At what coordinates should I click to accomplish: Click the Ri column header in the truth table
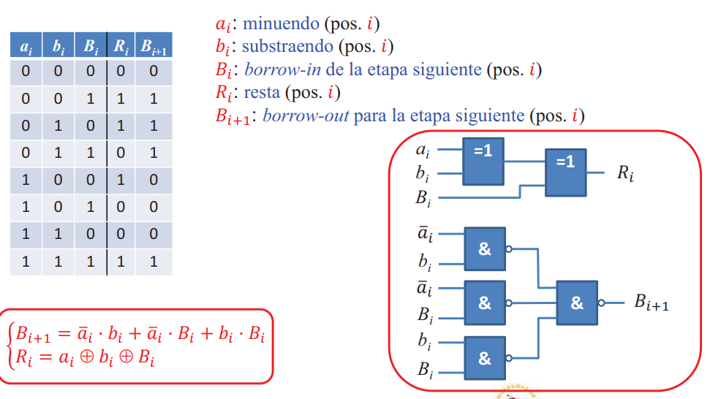[x=121, y=47]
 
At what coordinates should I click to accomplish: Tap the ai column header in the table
[x=26, y=47]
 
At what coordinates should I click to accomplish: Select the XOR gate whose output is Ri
[x=566, y=170]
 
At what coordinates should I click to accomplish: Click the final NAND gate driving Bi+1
[x=577, y=303]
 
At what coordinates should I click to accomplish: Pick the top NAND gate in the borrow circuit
[x=485, y=248]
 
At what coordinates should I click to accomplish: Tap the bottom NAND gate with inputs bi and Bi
[x=485, y=358]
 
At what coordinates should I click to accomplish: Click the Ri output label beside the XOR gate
[x=625, y=174]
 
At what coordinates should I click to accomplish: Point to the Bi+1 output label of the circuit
[x=651, y=303]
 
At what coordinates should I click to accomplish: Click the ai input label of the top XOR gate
[x=423, y=151]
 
